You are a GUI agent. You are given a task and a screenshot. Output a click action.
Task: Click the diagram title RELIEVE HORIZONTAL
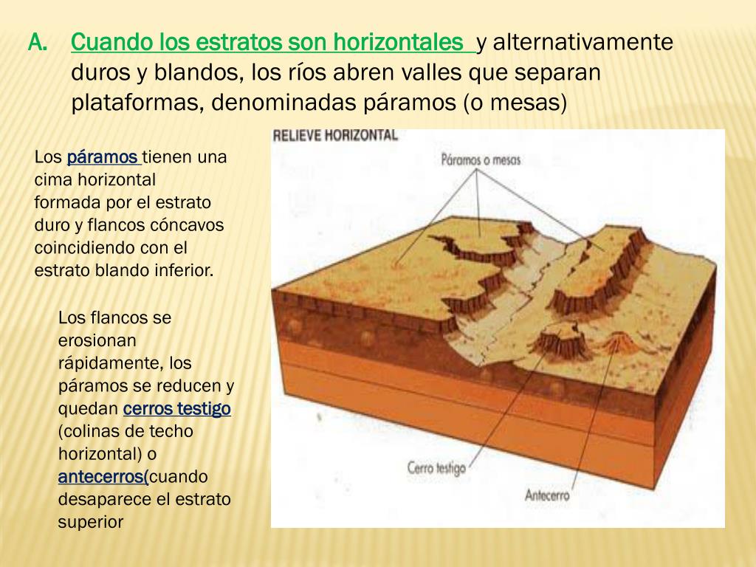click(x=335, y=136)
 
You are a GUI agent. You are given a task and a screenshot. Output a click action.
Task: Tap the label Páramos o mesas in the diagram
click(x=480, y=159)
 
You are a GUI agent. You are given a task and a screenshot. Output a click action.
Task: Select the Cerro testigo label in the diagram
click(x=436, y=467)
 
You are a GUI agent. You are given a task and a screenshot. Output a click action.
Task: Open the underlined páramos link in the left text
click(x=103, y=157)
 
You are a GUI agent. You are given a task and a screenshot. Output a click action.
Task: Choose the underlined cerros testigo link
click(x=177, y=409)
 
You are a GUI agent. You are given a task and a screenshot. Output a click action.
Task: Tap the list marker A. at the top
click(x=38, y=43)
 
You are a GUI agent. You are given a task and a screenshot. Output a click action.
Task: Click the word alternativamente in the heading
click(x=583, y=43)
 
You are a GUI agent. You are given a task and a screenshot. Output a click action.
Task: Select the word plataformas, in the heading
click(x=135, y=102)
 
